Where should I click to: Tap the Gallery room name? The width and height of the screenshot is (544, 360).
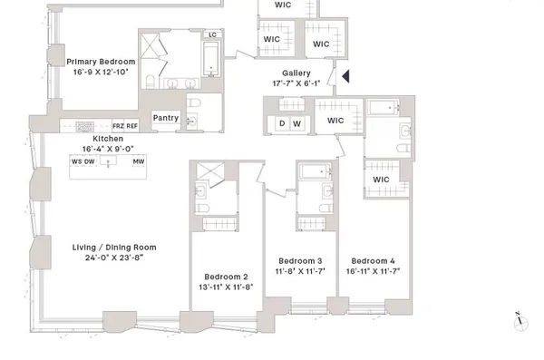click(x=296, y=73)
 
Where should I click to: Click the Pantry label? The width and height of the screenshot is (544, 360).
click(x=165, y=117)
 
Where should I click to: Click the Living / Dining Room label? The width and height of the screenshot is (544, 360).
click(x=115, y=247)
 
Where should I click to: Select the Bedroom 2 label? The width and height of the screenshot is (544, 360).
click(x=226, y=277)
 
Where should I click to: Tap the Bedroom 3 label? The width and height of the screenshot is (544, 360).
click(x=300, y=260)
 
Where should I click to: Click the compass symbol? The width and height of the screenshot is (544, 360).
click(x=519, y=316)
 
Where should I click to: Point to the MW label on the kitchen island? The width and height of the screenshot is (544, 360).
click(x=139, y=161)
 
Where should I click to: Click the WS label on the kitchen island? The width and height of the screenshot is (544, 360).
click(x=76, y=161)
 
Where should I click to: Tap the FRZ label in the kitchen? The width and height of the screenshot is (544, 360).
click(x=118, y=126)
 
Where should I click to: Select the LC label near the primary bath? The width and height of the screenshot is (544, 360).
click(x=212, y=35)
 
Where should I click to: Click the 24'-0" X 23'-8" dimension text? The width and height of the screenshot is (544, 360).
click(x=115, y=258)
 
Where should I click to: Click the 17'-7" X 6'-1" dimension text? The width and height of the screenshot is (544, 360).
click(x=296, y=84)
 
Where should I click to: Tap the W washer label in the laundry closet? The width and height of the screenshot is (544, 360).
click(x=296, y=124)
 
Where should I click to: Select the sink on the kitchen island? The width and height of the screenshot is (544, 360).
click(x=108, y=162)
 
